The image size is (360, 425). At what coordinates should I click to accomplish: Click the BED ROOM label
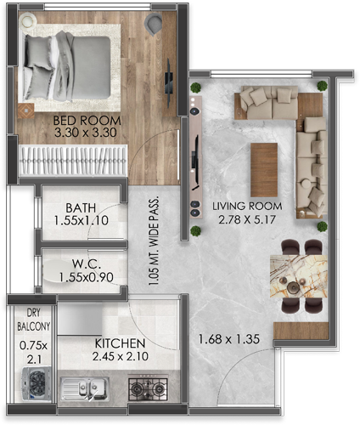coord(87,121)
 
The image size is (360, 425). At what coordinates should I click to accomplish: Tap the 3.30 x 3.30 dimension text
coord(86,133)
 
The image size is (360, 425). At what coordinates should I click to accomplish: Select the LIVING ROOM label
coord(247,206)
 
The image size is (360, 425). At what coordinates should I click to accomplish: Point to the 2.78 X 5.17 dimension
coord(247,219)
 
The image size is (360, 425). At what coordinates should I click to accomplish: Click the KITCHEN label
coord(120,343)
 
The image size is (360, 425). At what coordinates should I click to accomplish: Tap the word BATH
coord(81,208)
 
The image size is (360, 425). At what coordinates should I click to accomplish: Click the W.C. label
coord(87,263)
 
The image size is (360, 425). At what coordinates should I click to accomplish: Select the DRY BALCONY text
coord(34,320)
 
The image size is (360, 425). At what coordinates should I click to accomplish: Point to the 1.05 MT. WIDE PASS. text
coord(154,241)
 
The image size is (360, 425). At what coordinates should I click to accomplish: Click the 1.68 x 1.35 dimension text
coord(229,339)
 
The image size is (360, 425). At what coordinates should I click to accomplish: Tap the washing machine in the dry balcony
coord(37,383)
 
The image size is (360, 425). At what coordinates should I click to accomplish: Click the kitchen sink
coord(84,388)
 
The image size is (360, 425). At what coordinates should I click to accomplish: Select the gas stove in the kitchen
coord(148,388)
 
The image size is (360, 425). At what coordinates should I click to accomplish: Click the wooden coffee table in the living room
coord(264,170)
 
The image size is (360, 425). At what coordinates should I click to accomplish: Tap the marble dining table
coord(299,276)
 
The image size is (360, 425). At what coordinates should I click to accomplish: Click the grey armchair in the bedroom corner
coord(153,23)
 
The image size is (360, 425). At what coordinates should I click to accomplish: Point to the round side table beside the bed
coord(28,21)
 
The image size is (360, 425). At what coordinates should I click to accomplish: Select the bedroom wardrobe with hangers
coord(73,161)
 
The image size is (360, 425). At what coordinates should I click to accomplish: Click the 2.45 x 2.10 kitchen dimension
coord(121,356)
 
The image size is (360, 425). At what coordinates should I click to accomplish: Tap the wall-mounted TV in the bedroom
coord(169,82)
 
